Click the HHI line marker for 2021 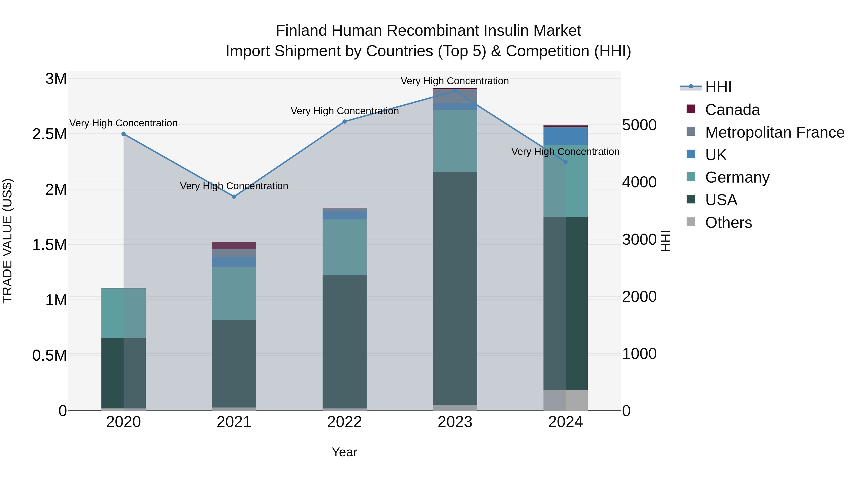coord(234,197)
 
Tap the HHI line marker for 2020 coord(123,134)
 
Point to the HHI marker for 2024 coord(566,162)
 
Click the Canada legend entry coord(732,110)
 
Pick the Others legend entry coord(728,223)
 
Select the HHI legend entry coord(718,87)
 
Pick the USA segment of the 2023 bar coord(455,288)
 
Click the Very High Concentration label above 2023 coord(454,81)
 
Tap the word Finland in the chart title coord(301,31)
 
